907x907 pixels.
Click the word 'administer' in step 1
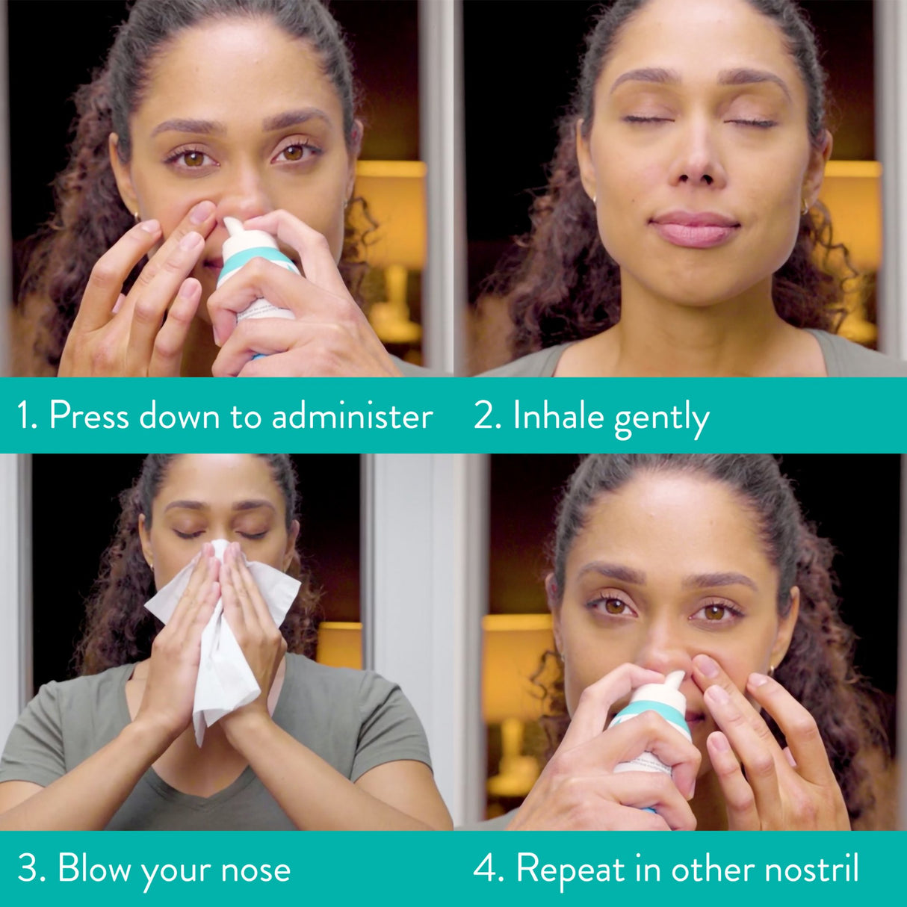pos(352,416)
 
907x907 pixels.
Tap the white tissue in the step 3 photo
pos(224,635)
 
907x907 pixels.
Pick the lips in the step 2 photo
pos(694,228)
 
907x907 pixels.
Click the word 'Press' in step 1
pos(90,416)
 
